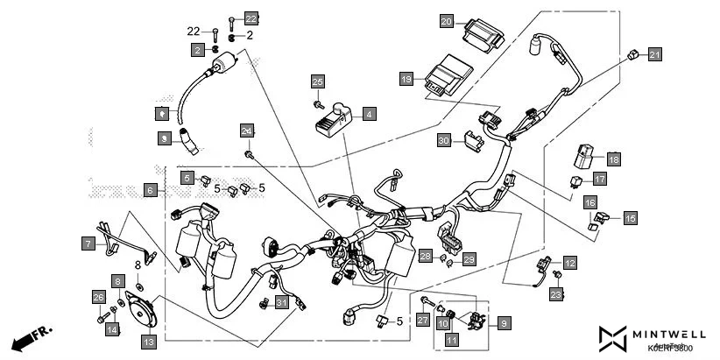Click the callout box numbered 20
click(447, 21)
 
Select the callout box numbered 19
click(406, 79)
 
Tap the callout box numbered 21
click(655, 55)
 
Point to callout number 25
click(317, 81)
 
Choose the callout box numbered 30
click(444, 140)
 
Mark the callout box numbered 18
click(613, 159)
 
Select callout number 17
click(600, 179)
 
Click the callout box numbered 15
click(630, 218)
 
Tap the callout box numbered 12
click(570, 262)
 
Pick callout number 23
click(556, 295)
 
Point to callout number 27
click(422, 321)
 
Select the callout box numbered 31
click(281, 303)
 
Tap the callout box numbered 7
click(88, 244)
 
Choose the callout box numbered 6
click(150, 190)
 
